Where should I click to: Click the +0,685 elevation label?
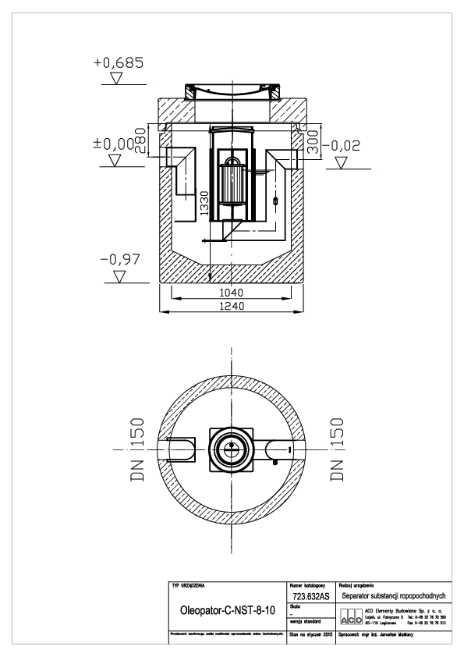click(x=118, y=62)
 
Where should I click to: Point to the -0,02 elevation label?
click(x=344, y=144)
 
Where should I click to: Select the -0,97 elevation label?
click(x=118, y=258)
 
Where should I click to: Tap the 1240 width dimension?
click(x=232, y=307)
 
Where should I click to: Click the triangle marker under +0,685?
click(x=118, y=79)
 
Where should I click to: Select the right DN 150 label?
click(x=338, y=450)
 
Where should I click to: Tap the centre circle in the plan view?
click(x=232, y=449)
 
